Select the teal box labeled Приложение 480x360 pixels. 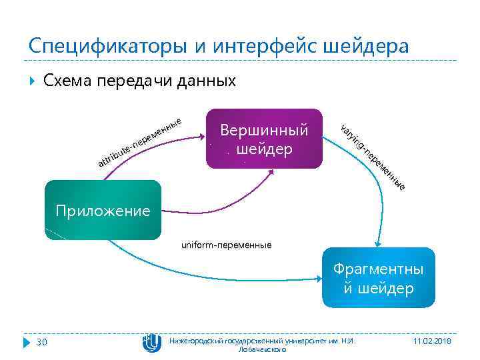pyautogui.click(x=103, y=211)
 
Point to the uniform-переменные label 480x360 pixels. pyautogui.click(x=226, y=245)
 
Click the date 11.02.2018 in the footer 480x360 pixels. pyautogui.click(x=432, y=341)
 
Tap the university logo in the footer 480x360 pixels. pyautogui.click(x=151, y=342)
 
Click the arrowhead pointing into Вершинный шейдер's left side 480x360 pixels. pyautogui.click(x=199, y=137)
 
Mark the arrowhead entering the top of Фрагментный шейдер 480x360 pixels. pyautogui.click(x=377, y=245)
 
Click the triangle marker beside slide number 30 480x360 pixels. pyautogui.click(x=27, y=342)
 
